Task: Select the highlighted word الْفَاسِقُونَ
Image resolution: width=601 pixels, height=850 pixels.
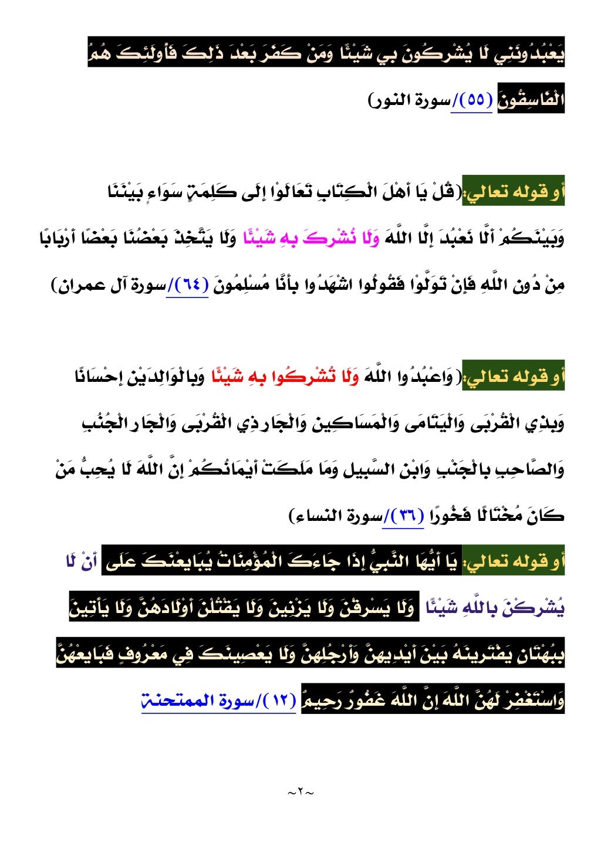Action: pos(531,100)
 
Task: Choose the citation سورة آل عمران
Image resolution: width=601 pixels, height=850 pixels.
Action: pos(112,286)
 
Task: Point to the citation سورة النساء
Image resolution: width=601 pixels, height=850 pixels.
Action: pos(335,516)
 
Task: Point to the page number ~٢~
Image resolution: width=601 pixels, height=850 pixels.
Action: pos(300,793)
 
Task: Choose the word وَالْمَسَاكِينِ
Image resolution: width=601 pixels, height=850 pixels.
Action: pos(346,423)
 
